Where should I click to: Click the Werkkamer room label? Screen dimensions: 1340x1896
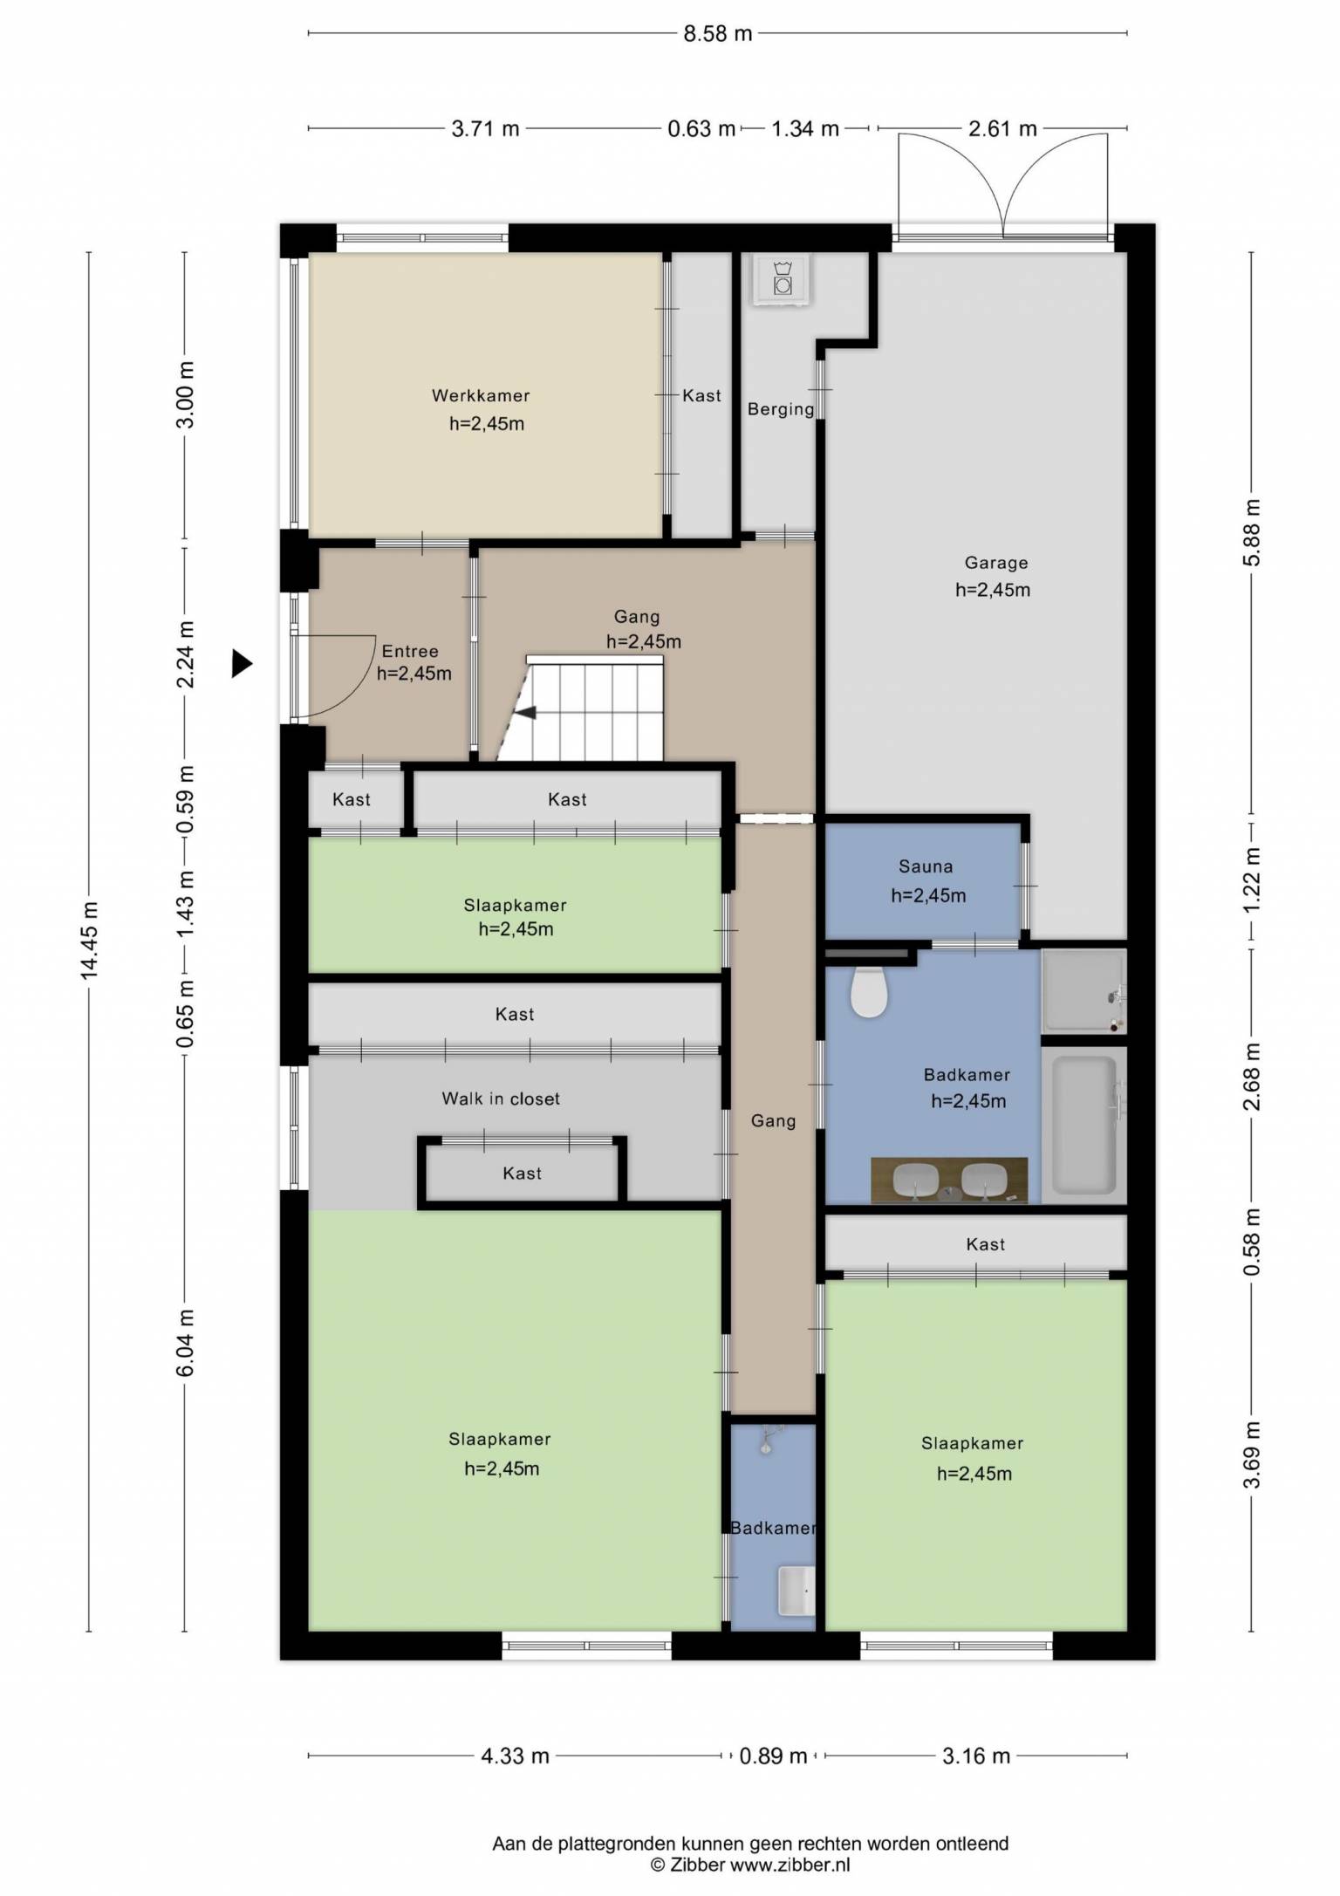click(481, 395)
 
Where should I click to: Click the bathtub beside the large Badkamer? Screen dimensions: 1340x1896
click(1084, 1125)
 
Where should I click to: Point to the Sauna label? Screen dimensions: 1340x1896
click(926, 866)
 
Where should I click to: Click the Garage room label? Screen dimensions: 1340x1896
click(995, 563)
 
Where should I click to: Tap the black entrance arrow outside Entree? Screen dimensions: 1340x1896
click(242, 664)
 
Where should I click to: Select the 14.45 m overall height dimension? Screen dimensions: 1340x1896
click(90, 941)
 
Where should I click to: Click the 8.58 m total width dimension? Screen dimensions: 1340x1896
click(717, 33)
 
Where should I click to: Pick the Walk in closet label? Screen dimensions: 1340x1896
click(501, 1099)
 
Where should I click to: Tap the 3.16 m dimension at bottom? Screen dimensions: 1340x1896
click(976, 1756)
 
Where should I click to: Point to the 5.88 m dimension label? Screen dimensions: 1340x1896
click(1252, 532)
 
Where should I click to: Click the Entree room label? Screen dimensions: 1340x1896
click(410, 651)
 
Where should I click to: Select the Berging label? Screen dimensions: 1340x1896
click(781, 408)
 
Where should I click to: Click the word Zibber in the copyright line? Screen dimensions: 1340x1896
click(699, 1865)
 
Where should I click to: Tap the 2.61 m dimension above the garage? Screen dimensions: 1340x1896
click(1002, 129)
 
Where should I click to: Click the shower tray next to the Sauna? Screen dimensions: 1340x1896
click(1084, 991)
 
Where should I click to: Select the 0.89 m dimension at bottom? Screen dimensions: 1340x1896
click(773, 1756)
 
